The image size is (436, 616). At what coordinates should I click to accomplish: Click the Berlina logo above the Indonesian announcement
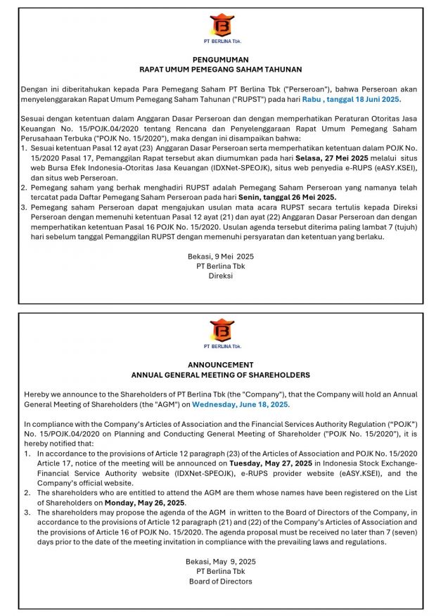click(221, 27)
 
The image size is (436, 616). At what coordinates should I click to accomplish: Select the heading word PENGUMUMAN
click(220, 60)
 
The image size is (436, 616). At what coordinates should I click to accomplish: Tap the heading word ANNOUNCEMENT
click(220, 365)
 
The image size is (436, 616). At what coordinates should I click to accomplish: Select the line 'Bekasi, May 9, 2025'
click(220, 561)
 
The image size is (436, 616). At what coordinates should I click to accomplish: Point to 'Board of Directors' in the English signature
click(220, 582)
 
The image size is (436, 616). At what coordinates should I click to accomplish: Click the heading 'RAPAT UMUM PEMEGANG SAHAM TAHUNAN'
click(220, 70)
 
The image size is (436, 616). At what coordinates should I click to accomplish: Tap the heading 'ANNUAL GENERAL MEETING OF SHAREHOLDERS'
click(220, 375)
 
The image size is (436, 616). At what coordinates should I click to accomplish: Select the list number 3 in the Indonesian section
click(23, 208)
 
